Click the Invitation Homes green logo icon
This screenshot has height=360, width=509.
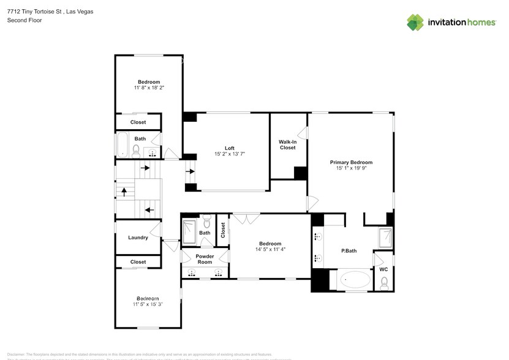[x=416, y=22]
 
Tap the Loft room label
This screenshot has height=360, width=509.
[x=229, y=148]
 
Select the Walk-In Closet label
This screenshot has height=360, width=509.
[x=288, y=144]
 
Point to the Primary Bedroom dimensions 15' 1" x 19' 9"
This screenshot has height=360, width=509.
[x=351, y=169]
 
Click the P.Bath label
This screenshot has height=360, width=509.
[x=349, y=251]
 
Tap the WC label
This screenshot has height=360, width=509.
[x=383, y=269]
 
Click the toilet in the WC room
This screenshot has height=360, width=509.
[x=384, y=283]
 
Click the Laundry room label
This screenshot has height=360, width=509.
[x=138, y=238]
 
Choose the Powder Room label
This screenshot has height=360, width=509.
[x=205, y=259]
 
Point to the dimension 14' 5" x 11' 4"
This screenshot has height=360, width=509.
[x=270, y=249]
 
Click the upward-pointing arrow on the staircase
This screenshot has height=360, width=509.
[x=124, y=192]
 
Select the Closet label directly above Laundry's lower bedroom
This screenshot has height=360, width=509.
[x=138, y=262]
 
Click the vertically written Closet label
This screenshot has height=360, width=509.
[x=223, y=230]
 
